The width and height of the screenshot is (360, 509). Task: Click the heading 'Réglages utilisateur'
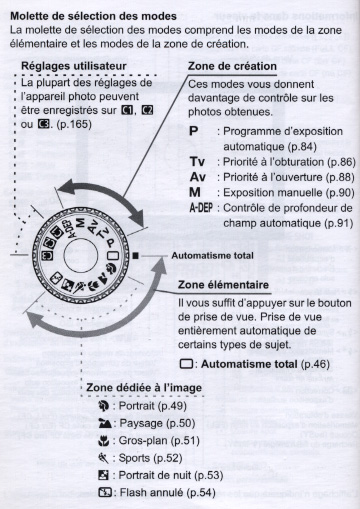point(74,66)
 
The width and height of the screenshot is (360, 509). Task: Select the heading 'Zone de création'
point(232,66)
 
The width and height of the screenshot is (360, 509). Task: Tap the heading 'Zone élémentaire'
point(223,285)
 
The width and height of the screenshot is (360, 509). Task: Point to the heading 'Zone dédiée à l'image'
point(144,388)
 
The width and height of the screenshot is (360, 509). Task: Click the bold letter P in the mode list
point(194,131)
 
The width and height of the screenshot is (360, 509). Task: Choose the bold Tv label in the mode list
point(197,162)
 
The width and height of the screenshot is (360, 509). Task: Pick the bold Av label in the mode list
point(198,177)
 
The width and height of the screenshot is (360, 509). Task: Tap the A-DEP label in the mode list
point(201,208)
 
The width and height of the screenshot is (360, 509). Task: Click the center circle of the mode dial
point(80,255)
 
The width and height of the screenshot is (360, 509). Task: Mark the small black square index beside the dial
point(135,256)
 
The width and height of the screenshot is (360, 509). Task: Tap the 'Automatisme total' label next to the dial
point(212,256)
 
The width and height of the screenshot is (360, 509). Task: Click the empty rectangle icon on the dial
point(113,256)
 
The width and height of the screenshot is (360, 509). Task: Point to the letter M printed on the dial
point(80,223)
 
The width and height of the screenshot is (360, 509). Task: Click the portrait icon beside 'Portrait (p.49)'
point(104,406)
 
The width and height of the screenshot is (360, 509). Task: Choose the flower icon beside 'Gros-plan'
point(103,441)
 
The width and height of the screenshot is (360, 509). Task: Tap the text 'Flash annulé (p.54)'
point(167,492)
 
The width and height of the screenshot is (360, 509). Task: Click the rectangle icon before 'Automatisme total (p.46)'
point(186,364)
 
